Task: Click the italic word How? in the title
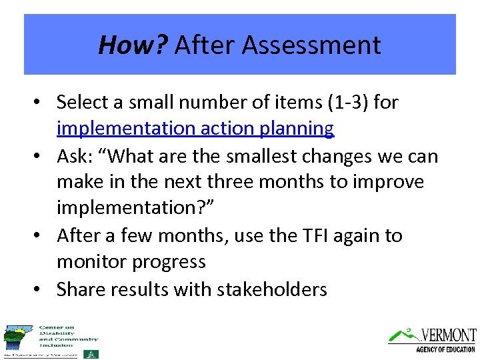[x=133, y=45]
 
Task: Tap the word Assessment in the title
[x=312, y=45]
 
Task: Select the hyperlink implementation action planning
[x=195, y=129]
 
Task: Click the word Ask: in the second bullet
[x=75, y=155]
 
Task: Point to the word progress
[x=173, y=262]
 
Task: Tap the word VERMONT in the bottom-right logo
[x=448, y=335]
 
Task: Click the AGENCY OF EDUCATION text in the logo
[x=445, y=349]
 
